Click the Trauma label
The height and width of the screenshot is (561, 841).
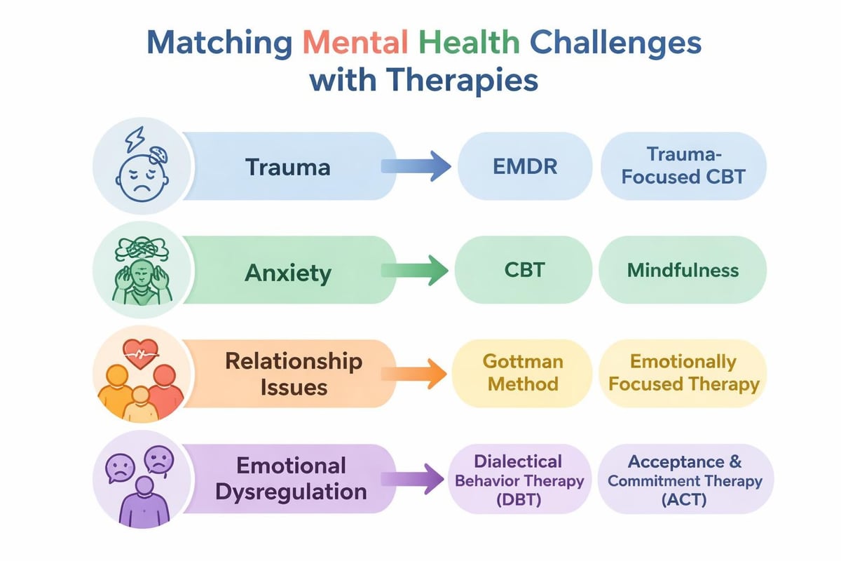287,167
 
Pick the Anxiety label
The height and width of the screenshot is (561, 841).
287,271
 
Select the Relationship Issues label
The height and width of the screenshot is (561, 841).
294,373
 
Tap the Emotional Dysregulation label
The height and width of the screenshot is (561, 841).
290,478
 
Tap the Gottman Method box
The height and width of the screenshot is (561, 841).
523,373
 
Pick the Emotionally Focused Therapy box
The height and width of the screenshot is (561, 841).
683,373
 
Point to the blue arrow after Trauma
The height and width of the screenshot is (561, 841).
416,167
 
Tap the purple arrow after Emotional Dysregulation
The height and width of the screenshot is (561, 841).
416,479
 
